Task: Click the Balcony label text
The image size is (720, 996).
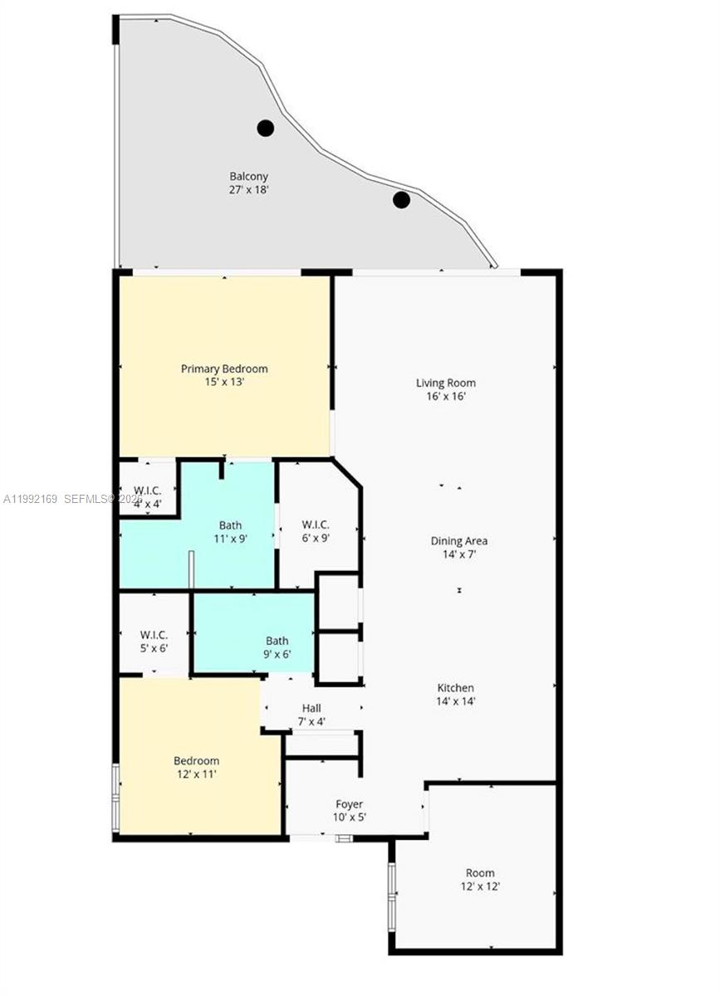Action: tap(249, 177)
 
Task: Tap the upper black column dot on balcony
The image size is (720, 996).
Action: tap(265, 128)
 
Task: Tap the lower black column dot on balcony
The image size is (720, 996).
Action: tap(401, 199)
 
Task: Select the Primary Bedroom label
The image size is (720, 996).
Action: tap(224, 369)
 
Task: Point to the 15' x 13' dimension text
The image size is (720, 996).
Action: tap(224, 383)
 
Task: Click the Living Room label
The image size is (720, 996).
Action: tap(446, 383)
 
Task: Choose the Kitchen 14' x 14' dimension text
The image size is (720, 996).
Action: tap(456, 701)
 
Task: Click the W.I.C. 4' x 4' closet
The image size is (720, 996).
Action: tap(148, 495)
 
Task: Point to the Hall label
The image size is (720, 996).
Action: tap(311, 708)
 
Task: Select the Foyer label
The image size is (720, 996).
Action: tap(350, 804)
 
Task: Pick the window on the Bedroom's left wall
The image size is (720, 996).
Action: tap(116, 797)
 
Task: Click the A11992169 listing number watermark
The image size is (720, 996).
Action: tap(31, 499)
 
